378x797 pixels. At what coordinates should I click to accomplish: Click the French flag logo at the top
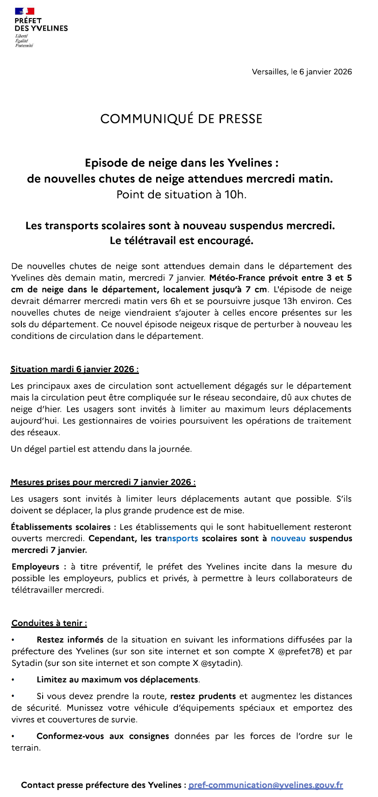point(24,11)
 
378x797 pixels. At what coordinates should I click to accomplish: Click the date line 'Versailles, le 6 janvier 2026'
point(302,72)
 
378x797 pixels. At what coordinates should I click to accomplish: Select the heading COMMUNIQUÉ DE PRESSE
point(181,119)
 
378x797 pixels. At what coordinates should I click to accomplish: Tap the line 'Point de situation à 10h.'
point(181,195)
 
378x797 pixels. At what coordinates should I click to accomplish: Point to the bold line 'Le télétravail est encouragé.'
point(181,241)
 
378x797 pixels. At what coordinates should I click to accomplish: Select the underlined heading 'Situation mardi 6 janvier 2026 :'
point(75,369)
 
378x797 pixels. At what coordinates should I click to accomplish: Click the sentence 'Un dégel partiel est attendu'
point(101,449)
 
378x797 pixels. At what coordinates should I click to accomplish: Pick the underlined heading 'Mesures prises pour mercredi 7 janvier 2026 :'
point(103,482)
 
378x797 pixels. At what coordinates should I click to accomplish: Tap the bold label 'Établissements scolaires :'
point(61,527)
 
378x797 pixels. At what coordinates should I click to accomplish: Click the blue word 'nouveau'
point(288,538)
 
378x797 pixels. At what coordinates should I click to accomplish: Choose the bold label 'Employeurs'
point(35,567)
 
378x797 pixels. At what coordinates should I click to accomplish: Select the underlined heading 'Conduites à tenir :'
point(49,623)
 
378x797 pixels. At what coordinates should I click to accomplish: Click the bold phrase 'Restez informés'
point(70,640)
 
